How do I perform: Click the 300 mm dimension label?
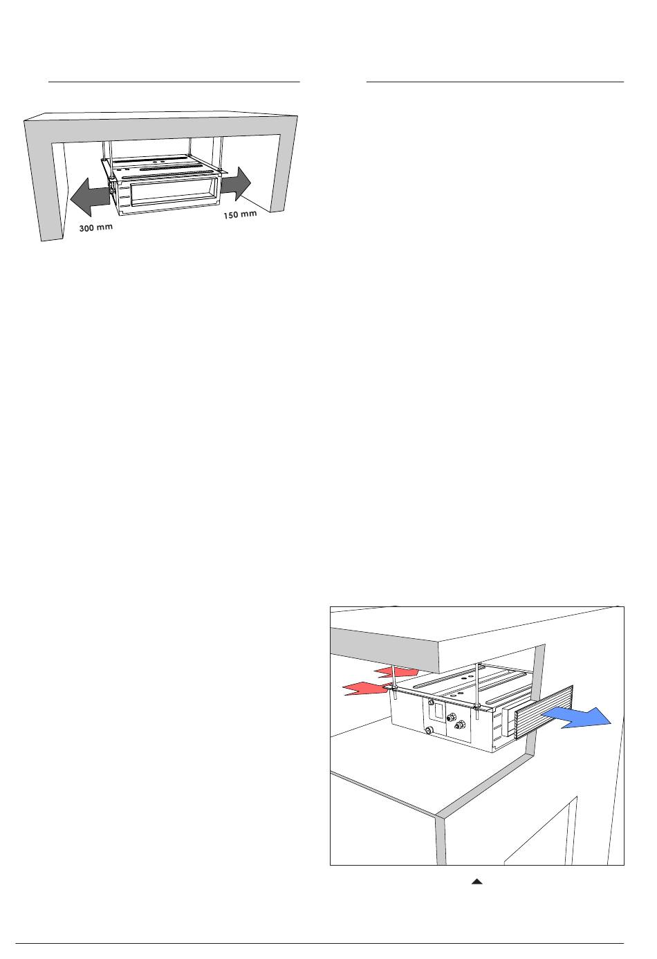[96, 227]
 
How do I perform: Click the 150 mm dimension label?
[240, 214]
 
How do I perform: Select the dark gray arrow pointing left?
[91, 196]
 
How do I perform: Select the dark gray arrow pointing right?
[236, 184]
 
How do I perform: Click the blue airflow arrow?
[577, 717]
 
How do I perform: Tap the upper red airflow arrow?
[396, 672]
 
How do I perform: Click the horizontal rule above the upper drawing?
[174, 82]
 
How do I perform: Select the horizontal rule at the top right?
[495, 82]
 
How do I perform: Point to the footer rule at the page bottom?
[320, 940]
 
